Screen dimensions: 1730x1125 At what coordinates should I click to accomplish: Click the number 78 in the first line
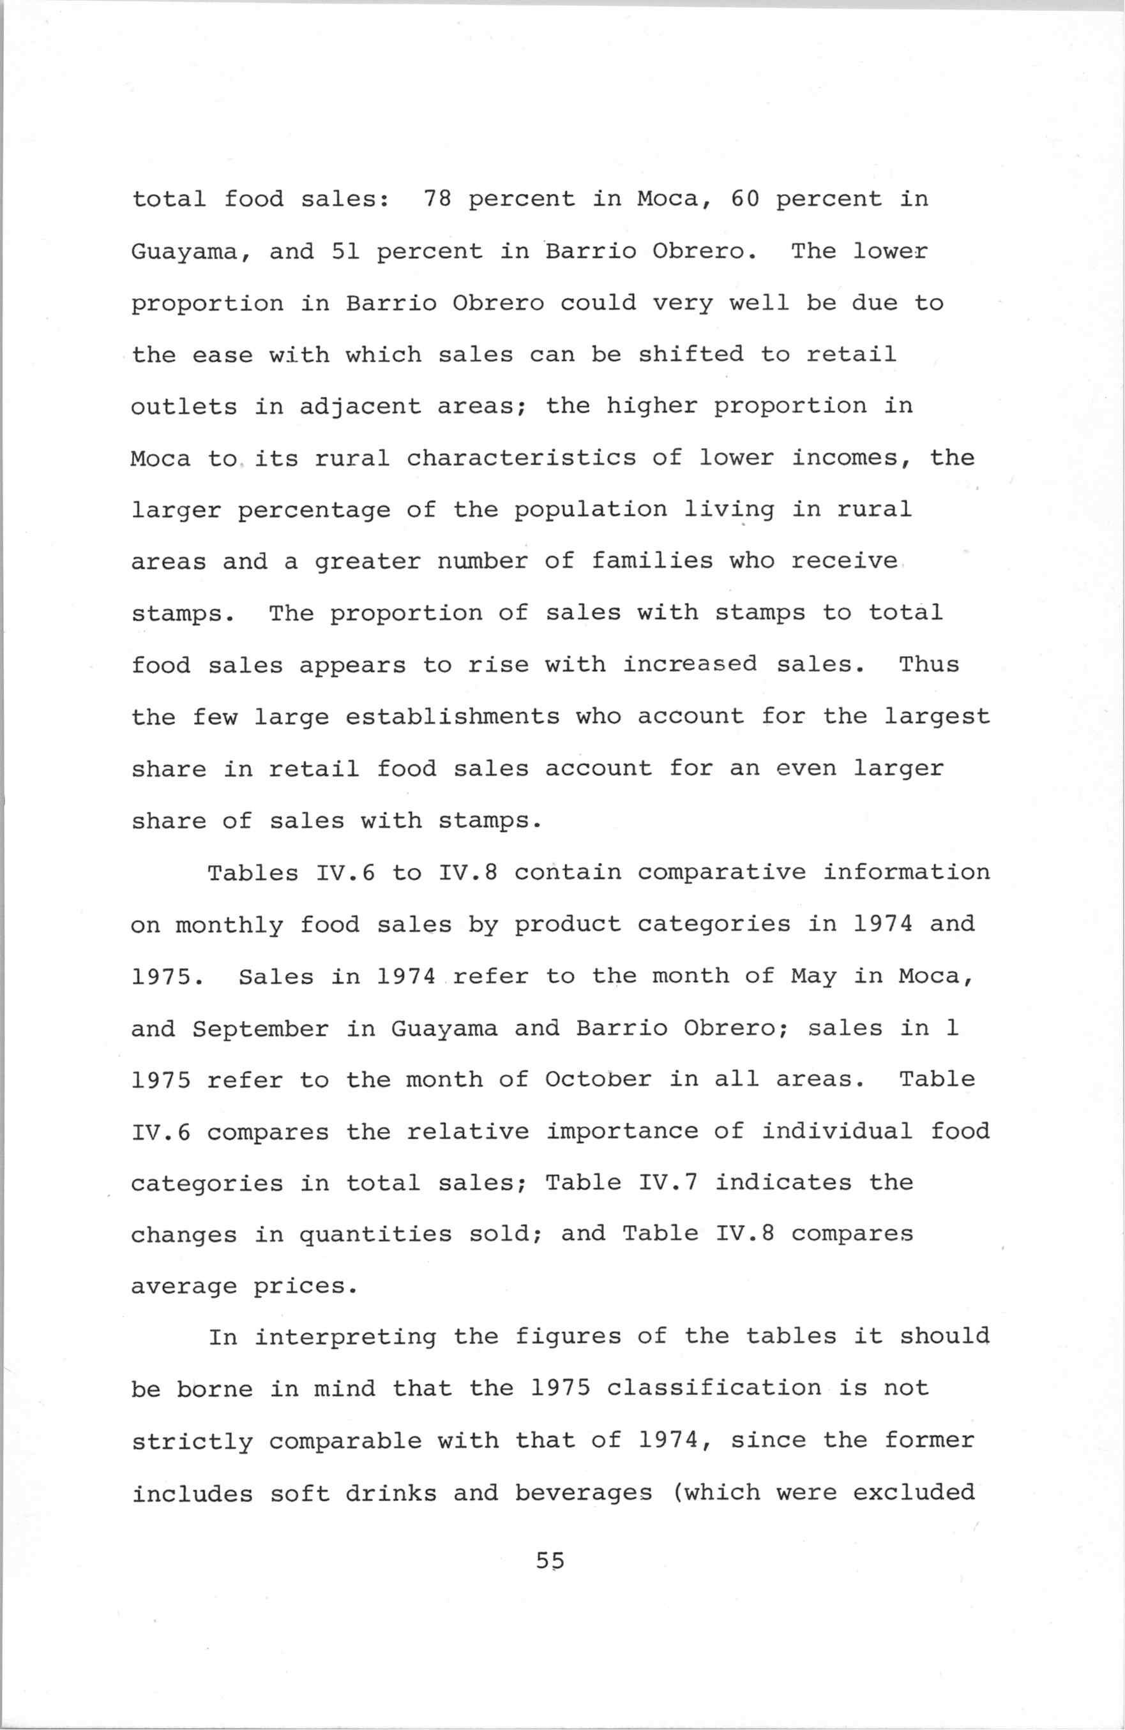coord(437,198)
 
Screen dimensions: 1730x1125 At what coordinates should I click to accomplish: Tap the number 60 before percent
coord(744,198)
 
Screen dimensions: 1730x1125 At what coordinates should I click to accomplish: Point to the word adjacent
coord(360,407)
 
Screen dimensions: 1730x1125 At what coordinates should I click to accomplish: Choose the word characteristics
coord(522,458)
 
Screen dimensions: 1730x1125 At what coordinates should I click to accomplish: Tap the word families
coord(653,561)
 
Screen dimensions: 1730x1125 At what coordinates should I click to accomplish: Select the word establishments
coord(452,717)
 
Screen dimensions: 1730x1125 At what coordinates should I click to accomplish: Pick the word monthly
coord(229,925)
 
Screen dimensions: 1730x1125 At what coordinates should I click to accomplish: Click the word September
coord(260,1029)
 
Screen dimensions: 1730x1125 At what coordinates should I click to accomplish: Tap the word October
coord(598,1080)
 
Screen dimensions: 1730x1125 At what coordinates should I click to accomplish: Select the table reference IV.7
coord(668,1182)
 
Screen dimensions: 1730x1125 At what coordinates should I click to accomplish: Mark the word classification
coord(713,1389)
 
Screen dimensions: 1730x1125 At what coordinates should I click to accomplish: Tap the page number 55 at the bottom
coord(550,1559)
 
